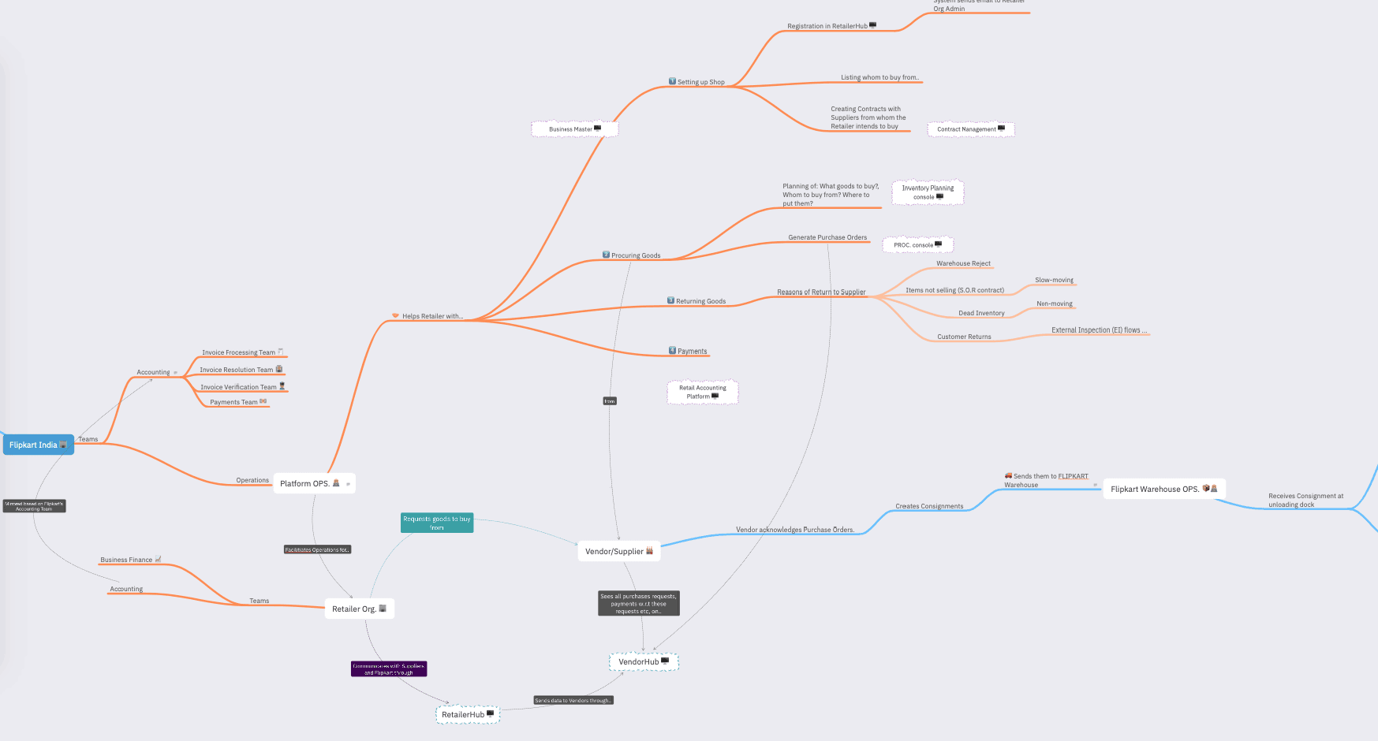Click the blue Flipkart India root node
[x=38, y=445]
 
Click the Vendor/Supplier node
[x=618, y=551]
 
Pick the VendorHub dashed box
[x=644, y=661]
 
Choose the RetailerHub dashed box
[x=468, y=714]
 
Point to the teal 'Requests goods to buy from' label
[x=437, y=523]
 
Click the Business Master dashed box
[x=575, y=128]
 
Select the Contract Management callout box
[x=970, y=128]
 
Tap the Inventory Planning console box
[x=928, y=192]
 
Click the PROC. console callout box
[x=917, y=244]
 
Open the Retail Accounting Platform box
[x=703, y=392]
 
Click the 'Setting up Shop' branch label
[x=700, y=82]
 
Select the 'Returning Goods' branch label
[x=700, y=301]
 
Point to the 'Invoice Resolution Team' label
[x=237, y=370]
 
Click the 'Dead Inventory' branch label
[x=981, y=313]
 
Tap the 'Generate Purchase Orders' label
[x=827, y=237]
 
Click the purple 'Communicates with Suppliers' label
[x=389, y=668]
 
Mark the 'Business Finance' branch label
[x=126, y=560]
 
